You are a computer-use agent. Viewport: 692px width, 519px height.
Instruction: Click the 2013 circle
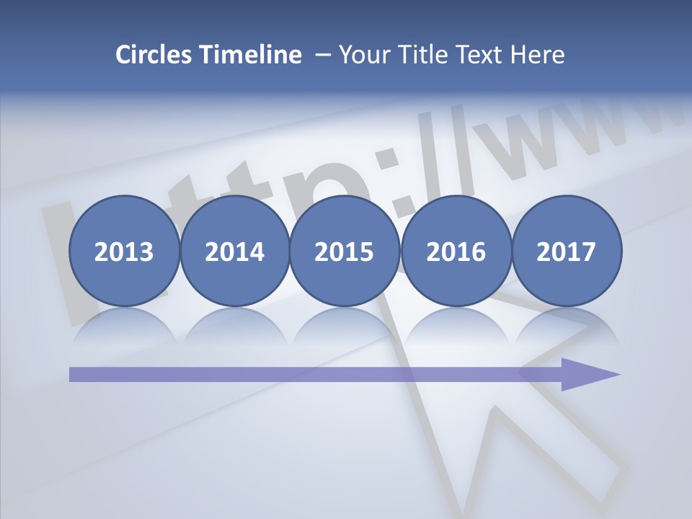click(x=124, y=251)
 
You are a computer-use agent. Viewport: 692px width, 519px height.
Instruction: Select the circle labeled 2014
click(x=234, y=251)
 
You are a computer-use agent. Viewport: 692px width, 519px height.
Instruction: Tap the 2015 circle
click(x=345, y=251)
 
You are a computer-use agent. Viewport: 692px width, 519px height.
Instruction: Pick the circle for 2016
click(x=456, y=251)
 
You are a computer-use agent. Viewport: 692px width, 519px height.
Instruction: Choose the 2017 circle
click(x=567, y=251)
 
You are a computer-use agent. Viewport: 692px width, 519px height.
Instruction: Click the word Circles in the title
click(x=155, y=55)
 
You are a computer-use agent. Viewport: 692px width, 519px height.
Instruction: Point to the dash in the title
click(x=323, y=55)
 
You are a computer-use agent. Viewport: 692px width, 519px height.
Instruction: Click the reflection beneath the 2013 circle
click(x=124, y=324)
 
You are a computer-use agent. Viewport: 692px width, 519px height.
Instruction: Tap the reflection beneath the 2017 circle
click(x=567, y=324)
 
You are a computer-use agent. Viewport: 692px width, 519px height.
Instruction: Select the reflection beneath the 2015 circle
click(x=345, y=324)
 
